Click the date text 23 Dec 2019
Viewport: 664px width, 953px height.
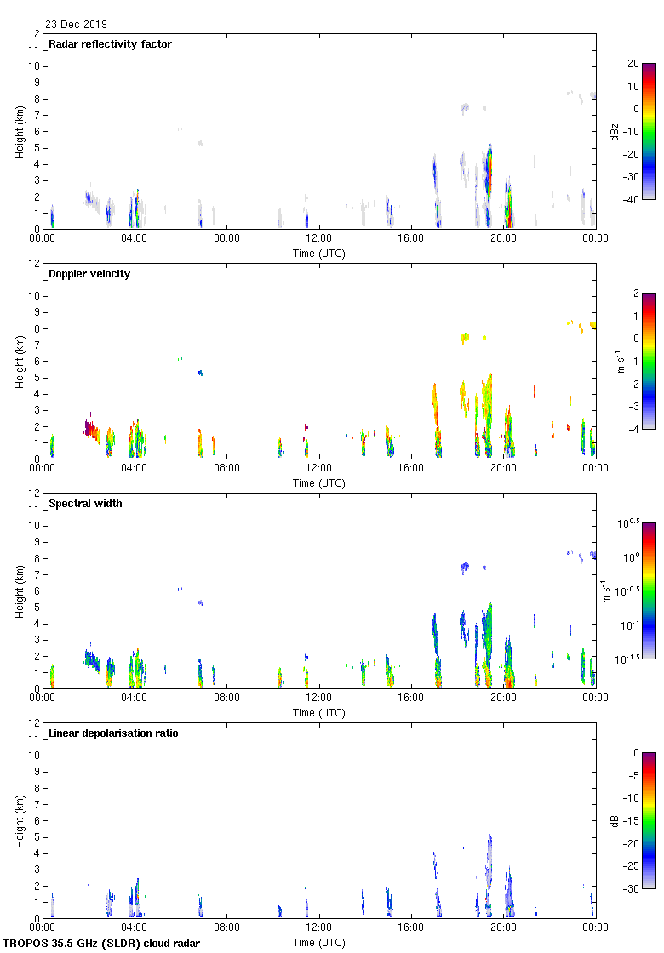coord(77,25)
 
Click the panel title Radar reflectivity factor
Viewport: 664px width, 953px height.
coord(110,44)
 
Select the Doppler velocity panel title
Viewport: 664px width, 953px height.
coord(89,274)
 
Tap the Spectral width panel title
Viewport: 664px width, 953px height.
coord(85,504)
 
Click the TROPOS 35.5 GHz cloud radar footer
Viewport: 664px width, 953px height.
coord(102,944)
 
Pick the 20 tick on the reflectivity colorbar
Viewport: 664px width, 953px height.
coord(633,64)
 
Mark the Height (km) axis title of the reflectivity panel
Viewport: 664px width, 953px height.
coord(19,131)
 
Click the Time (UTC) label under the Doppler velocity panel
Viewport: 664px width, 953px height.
coord(319,483)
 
